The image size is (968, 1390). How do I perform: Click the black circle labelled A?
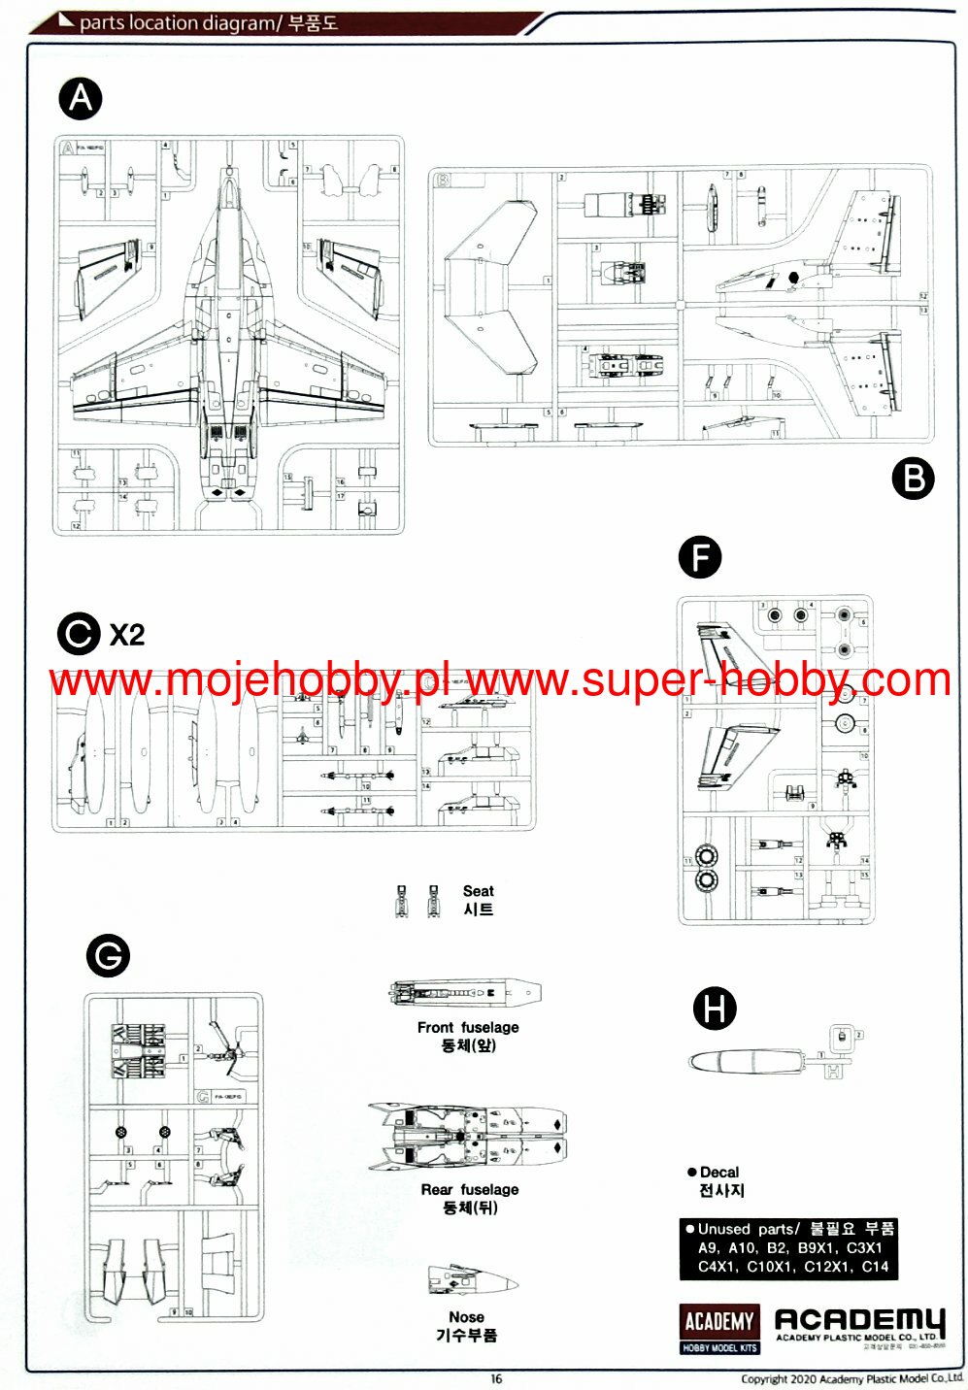click(x=81, y=98)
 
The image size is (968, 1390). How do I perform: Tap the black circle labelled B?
click(x=913, y=479)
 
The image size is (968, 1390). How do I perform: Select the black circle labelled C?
click(x=79, y=634)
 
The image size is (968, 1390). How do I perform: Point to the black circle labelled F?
click(x=700, y=558)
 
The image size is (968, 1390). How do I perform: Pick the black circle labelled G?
click(x=108, y=956)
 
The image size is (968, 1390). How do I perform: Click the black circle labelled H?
click(x=715, y=1009)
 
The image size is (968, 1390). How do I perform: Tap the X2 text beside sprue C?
click(x=127, y=635)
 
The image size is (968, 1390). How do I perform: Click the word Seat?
click(x=478, y=891)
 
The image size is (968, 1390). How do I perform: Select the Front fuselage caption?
click(x=468, y=1027)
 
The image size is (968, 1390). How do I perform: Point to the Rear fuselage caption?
click(x=470, y=1189)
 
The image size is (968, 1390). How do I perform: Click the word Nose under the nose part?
click(x=466, y=1317)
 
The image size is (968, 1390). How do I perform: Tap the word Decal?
click(x=718, y=1173)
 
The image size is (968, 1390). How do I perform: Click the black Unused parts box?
click(x=788, y=1248)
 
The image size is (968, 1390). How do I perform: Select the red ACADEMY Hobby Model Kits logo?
click(x=719, y=1328)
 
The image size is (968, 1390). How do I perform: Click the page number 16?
click(x=497, y=1379)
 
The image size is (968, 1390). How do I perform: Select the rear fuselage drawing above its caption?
click(x=467, y=1137)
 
